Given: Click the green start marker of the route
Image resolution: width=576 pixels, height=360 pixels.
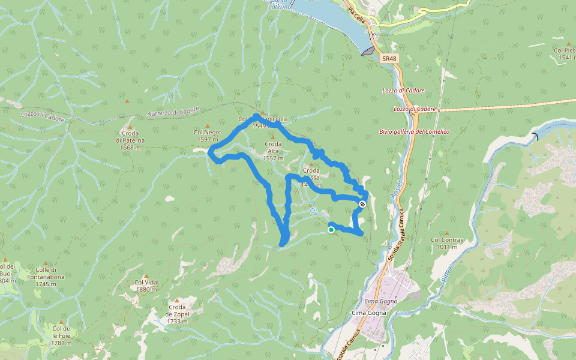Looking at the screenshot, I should [x=331, y=229].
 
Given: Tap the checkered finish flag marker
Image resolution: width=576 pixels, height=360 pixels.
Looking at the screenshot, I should [x=362, y=204].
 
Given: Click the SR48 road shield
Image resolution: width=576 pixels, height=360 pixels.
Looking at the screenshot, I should [x=389, y=58].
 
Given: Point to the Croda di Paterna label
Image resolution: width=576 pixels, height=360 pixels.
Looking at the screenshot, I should [x=130, y=140].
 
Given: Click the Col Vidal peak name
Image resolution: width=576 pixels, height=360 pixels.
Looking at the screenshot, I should [x=146, y=286].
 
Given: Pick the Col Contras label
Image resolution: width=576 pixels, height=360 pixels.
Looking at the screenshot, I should [x=448, y=243].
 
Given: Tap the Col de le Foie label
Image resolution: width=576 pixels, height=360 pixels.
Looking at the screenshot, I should [x=61, y=335].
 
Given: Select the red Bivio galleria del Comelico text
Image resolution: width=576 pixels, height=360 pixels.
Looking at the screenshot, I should [x=414, y=131].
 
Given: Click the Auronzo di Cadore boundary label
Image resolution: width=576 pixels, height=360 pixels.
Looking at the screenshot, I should [x=173, y=112].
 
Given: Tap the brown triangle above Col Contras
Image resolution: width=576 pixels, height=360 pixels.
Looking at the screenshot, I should [x=448, y=233].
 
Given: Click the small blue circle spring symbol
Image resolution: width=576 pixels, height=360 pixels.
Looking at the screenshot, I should [x=313, y=211].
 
